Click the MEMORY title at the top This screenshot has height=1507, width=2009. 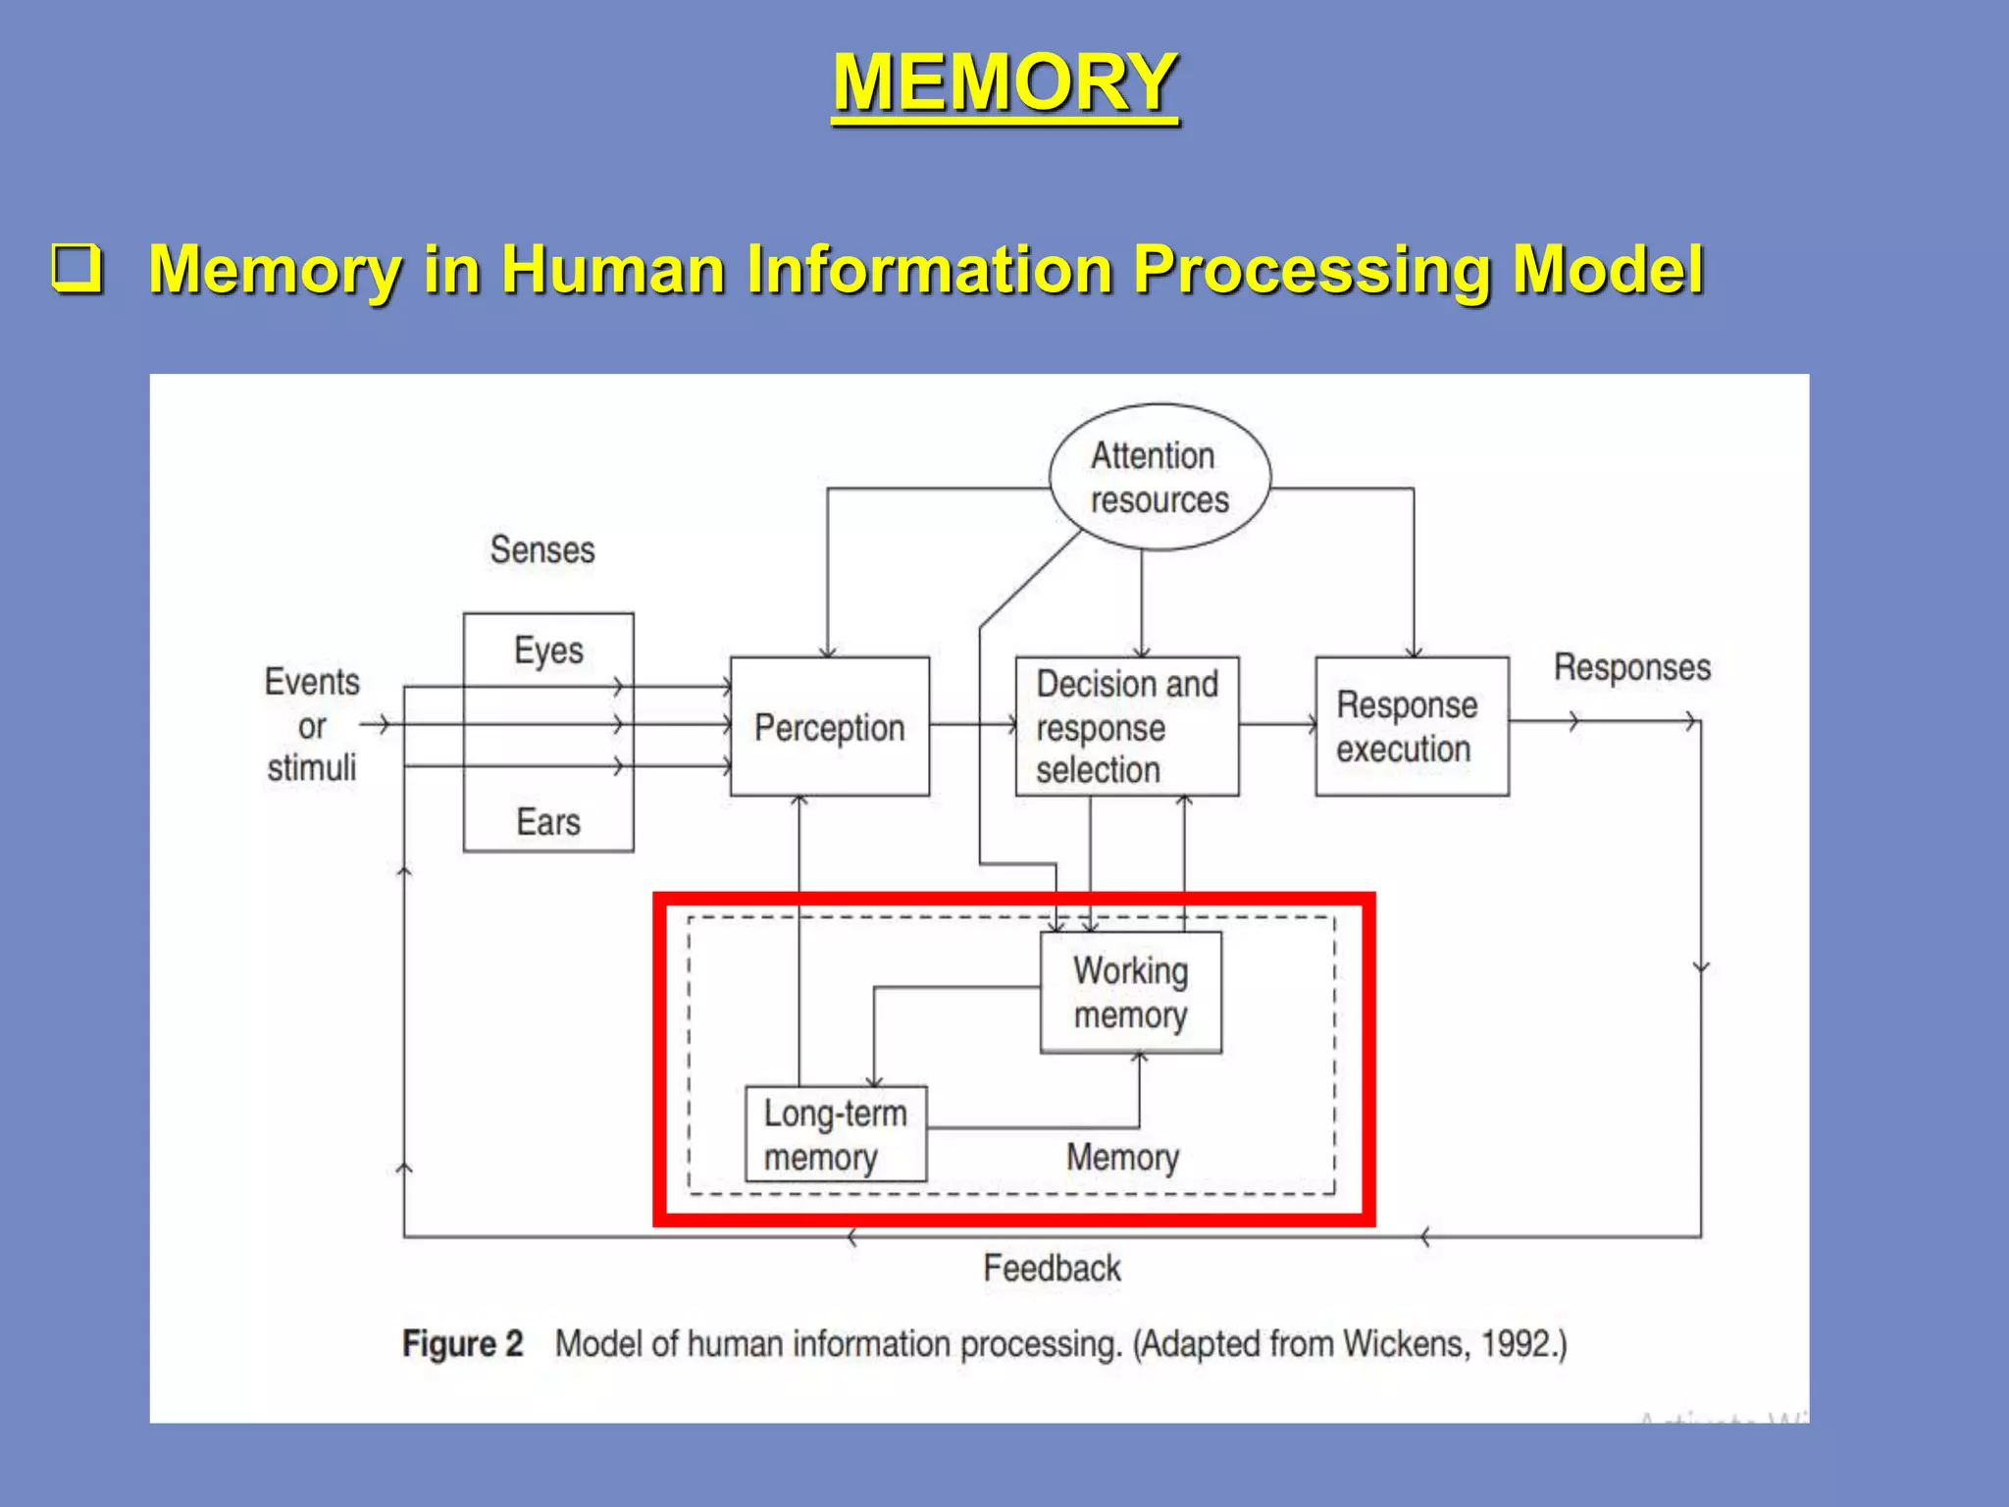[1004, 82]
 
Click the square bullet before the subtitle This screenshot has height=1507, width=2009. [77, 269]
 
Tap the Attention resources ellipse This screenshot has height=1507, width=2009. [1159, 478]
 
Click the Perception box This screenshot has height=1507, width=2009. [829, 727]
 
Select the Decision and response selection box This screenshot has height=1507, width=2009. [1126, 727]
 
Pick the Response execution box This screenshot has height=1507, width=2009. [1411, 727]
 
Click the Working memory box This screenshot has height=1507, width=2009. [1130, 992]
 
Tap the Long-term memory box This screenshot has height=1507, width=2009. [835, 1134]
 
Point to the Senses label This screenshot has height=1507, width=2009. [542, 549]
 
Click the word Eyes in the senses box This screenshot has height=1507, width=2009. [548, 650]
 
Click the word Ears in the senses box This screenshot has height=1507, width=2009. [548, 822]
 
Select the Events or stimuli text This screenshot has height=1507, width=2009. [312, 725]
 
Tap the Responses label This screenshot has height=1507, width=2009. [1631, 667]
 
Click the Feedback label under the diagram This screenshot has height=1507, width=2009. [1052, 1269]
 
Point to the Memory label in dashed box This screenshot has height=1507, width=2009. [1122, 1158]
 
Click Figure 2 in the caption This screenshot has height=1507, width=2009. [462, 1343]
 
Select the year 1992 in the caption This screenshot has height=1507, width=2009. [1517, 1343]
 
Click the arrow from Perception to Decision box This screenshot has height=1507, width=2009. [971, 725]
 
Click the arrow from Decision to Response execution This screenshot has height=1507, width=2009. [1276, 725]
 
